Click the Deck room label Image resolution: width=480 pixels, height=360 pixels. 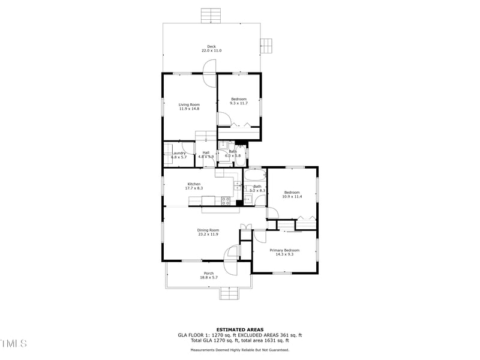pos(211,46)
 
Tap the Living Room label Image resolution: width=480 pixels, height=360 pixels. pos(189,104)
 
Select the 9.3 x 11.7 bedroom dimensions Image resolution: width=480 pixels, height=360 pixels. pos(239,103)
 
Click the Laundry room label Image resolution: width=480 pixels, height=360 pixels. pos(179,153)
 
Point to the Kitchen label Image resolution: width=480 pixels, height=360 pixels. pos(194,184)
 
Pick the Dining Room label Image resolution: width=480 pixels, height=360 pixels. pos(208,230)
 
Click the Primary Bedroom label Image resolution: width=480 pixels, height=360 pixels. pos(284,250)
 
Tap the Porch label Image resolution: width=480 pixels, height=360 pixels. pos(208,274)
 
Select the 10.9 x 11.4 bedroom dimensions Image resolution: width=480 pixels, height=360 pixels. pos(292,196)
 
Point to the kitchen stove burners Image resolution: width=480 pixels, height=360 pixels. pos(227,201)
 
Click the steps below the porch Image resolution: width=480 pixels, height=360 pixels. pos(229,293)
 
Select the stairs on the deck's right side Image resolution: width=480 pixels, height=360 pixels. pos(266,46)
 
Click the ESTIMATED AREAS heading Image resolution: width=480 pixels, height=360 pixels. pos(240,329)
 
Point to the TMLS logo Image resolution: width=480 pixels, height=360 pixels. pos(14,344)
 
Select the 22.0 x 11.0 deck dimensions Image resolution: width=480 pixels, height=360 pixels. pos(211,51)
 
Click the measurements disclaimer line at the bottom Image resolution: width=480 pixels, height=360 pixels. pos(240,350)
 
